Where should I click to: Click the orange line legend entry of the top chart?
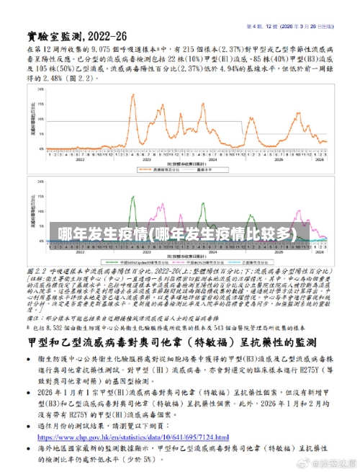coord(148,169)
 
